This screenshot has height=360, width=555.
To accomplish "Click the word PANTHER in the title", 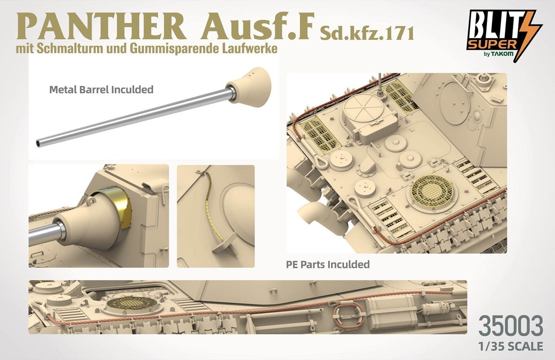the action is pos(101,26).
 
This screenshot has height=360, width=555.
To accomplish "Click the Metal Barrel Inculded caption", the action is pos(101,89).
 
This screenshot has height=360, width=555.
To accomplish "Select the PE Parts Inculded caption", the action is pos(328,265).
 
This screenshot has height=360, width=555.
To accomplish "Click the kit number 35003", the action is pos(511,326).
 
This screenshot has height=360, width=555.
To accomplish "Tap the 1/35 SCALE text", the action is pos(511,346).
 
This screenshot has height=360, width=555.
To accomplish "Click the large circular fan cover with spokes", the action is pos(364,110).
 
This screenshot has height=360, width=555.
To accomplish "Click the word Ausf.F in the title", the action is pos(256,26).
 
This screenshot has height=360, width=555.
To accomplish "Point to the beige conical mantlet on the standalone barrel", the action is pos(249,87).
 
